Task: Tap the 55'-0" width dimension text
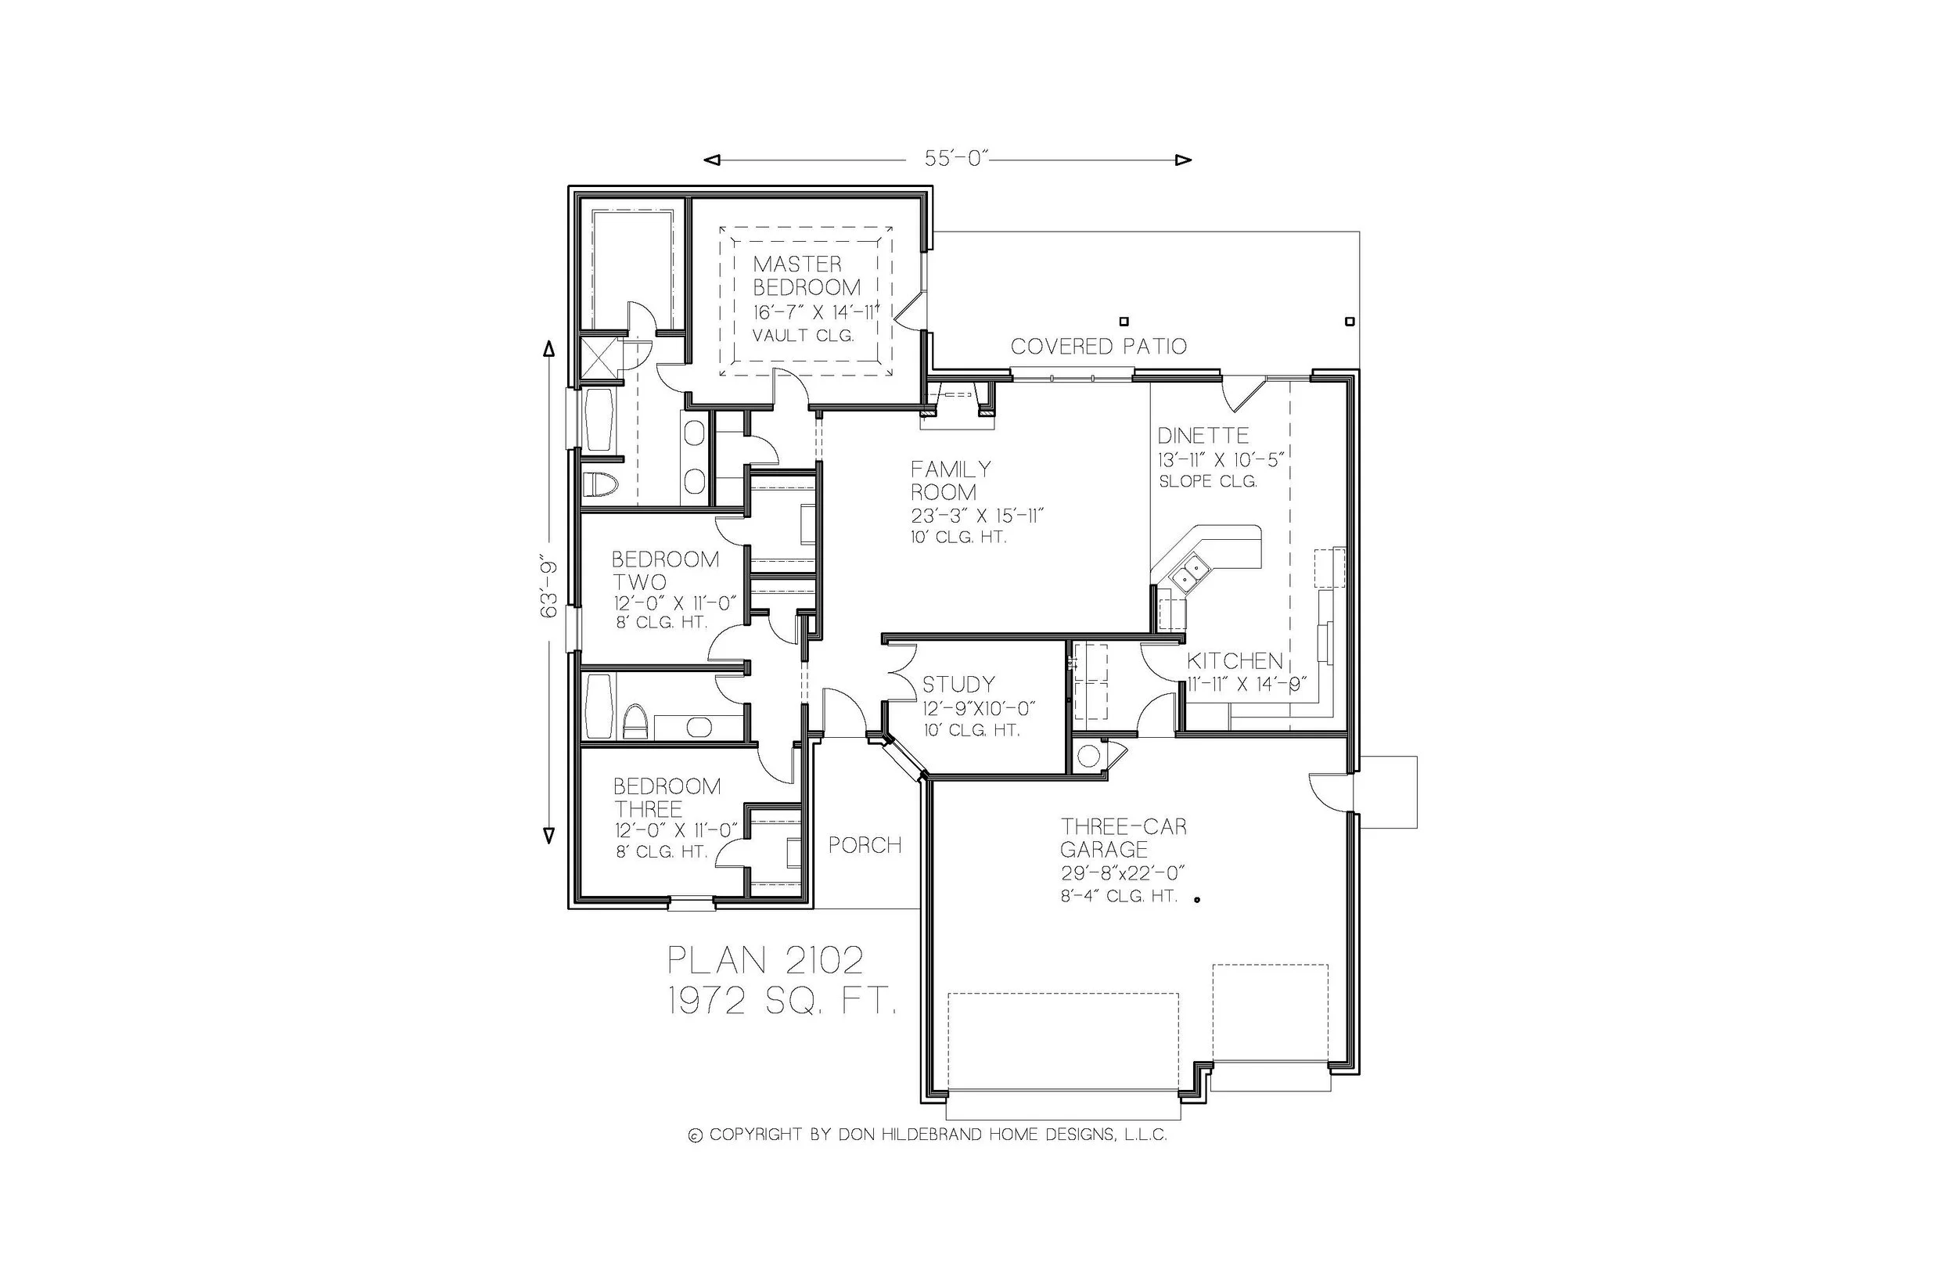(x=952, y=160)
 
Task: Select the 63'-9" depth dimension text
(x=549, y=588)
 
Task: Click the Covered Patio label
(x=1098, y=347)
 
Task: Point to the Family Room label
(x=950, y=481)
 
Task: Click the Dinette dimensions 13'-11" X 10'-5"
(x=1220, y=460)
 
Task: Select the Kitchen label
(x=1234, y=661)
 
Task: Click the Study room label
(x=958, y=685)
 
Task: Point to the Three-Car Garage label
(x=1123, y=838)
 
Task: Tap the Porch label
(x=865, y=845)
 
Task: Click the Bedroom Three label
(x=666, y=797)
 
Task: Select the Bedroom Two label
(x=664, y=570)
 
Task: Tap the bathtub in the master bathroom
(x=599, y=419)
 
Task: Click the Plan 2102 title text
(x=765, y=959)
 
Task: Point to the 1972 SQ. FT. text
(x=782, y=1002)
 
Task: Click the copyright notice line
(x=927, y=1135)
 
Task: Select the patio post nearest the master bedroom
(x=1124, y=322)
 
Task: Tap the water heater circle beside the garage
(x=1088, y=757)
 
